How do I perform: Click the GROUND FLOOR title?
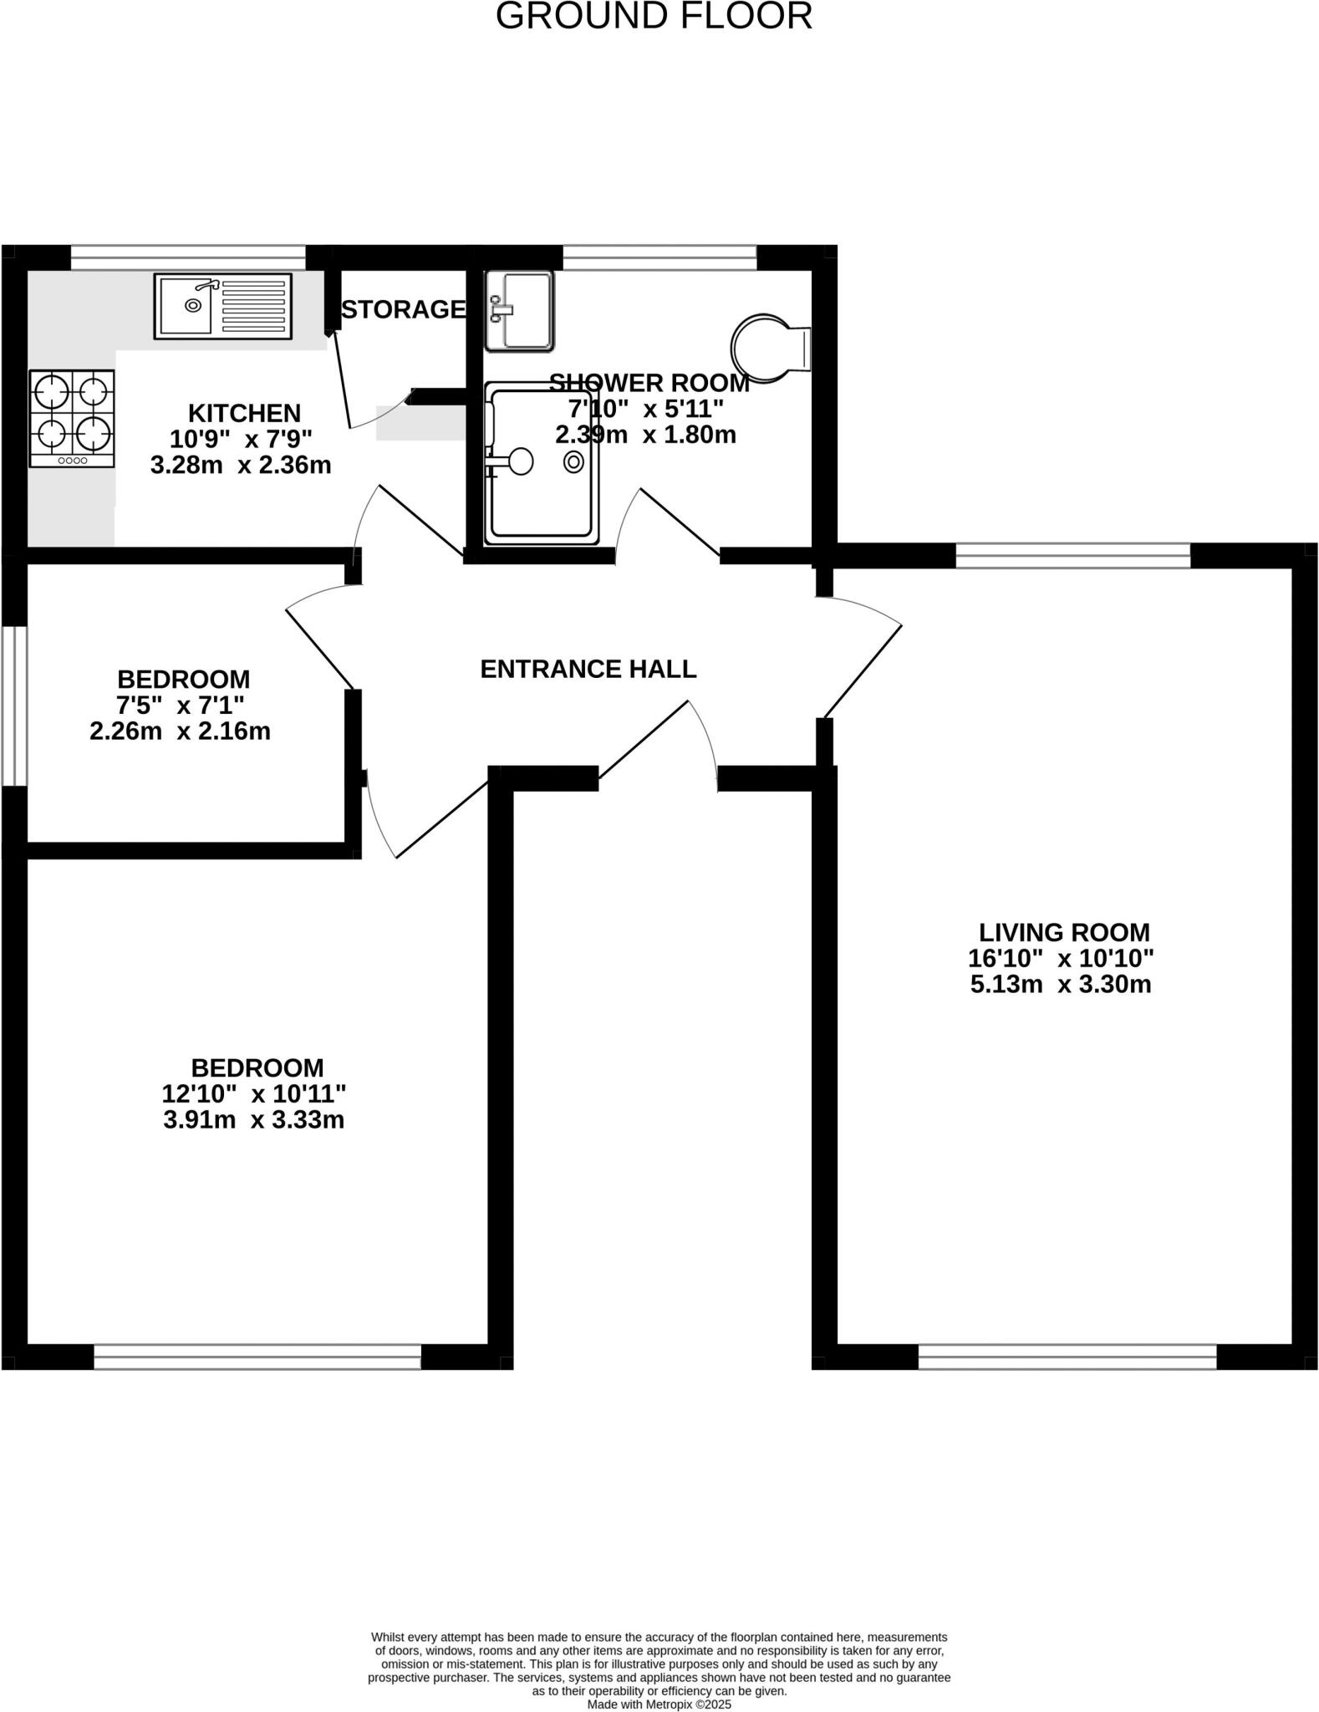click(654, 17)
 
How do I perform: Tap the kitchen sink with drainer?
click(222, 306)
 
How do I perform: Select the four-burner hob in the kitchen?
click(72, 418)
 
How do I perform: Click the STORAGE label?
click(403, 309)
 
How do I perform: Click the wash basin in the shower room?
click(519, 310)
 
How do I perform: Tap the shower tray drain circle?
click(573, 461)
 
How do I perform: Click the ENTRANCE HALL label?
click(588, 669)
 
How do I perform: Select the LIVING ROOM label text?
click(1063, 932)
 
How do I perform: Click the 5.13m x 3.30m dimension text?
click(1060, 984)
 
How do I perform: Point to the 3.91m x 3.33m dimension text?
click(253, 1119)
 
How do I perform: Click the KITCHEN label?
click(244, 413)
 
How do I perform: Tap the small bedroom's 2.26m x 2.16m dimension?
click(180, 731)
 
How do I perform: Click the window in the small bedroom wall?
click(13, 706)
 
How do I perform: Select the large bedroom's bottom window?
click(257, 1356)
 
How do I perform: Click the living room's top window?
click(1072, 555)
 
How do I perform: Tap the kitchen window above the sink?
click(188, 257)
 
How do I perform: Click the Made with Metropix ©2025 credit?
click(659, 1704)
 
